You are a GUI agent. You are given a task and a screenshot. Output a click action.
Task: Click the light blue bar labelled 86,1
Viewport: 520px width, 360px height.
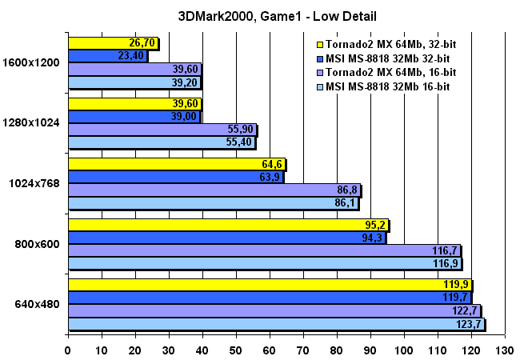tap(200, 203)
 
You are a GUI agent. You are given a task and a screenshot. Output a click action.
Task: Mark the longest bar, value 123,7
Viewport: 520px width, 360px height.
tap(272, 324)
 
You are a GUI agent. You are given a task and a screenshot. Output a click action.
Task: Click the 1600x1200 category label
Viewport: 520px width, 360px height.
tap(32, 62)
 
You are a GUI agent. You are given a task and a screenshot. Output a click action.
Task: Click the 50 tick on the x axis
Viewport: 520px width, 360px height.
tap(236, 350)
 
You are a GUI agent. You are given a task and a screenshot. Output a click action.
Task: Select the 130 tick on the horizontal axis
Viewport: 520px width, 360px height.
tap(504, 350)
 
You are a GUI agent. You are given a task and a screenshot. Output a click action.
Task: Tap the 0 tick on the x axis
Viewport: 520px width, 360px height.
tap(68, 350)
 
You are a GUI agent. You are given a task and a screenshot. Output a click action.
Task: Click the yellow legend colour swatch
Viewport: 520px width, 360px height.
tap(321, 45)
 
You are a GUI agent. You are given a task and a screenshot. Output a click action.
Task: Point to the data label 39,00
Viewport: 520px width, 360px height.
tap(184, 117)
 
